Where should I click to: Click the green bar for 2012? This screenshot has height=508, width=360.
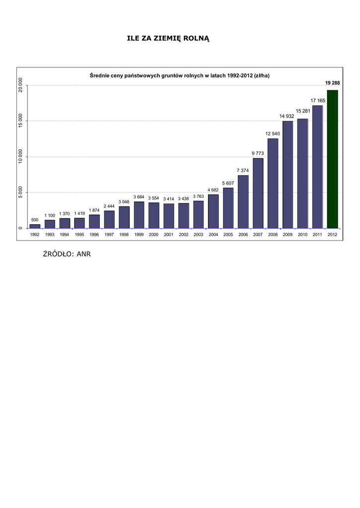[332, 159]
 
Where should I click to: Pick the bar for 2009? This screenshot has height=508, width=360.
[288, 174]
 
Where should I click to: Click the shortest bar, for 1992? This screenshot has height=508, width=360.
[35, 226]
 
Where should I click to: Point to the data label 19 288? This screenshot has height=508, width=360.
[332, 83]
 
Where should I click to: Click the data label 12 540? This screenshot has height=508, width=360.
[273, 133]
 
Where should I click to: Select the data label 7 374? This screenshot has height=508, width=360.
[243, 171]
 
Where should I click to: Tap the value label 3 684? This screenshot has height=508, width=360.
[139, 197]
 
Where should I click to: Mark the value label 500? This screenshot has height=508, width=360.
[35, 220]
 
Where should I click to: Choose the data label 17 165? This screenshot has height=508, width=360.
[318, 100]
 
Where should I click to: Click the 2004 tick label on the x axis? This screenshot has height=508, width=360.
[213, 235]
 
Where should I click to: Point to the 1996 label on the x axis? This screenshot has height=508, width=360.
[94, 235]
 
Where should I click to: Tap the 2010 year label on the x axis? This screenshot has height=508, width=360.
[302, 235]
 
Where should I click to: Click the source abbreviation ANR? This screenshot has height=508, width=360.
[83, 254]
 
